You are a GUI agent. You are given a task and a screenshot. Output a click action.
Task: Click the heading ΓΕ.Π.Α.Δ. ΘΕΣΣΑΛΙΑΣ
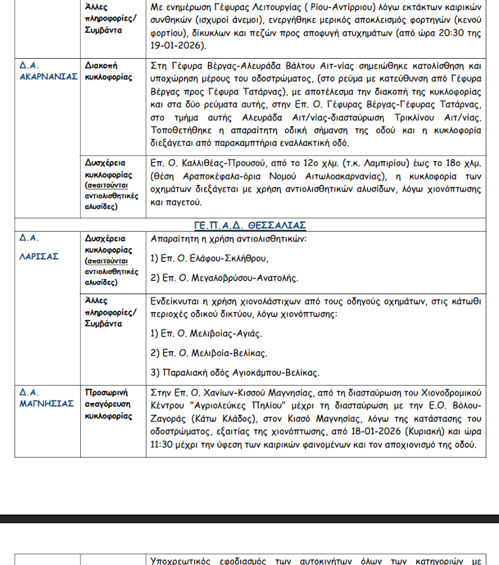click(251, 225)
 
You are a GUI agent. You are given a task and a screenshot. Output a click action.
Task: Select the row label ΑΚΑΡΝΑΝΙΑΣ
click(48, 77)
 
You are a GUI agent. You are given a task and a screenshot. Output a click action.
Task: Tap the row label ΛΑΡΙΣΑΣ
click(39, 256)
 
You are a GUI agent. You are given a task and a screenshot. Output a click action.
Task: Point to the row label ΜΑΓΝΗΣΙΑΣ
click(47, 403)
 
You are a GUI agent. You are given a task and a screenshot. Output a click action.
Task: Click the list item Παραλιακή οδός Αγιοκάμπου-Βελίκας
click(242, 372)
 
